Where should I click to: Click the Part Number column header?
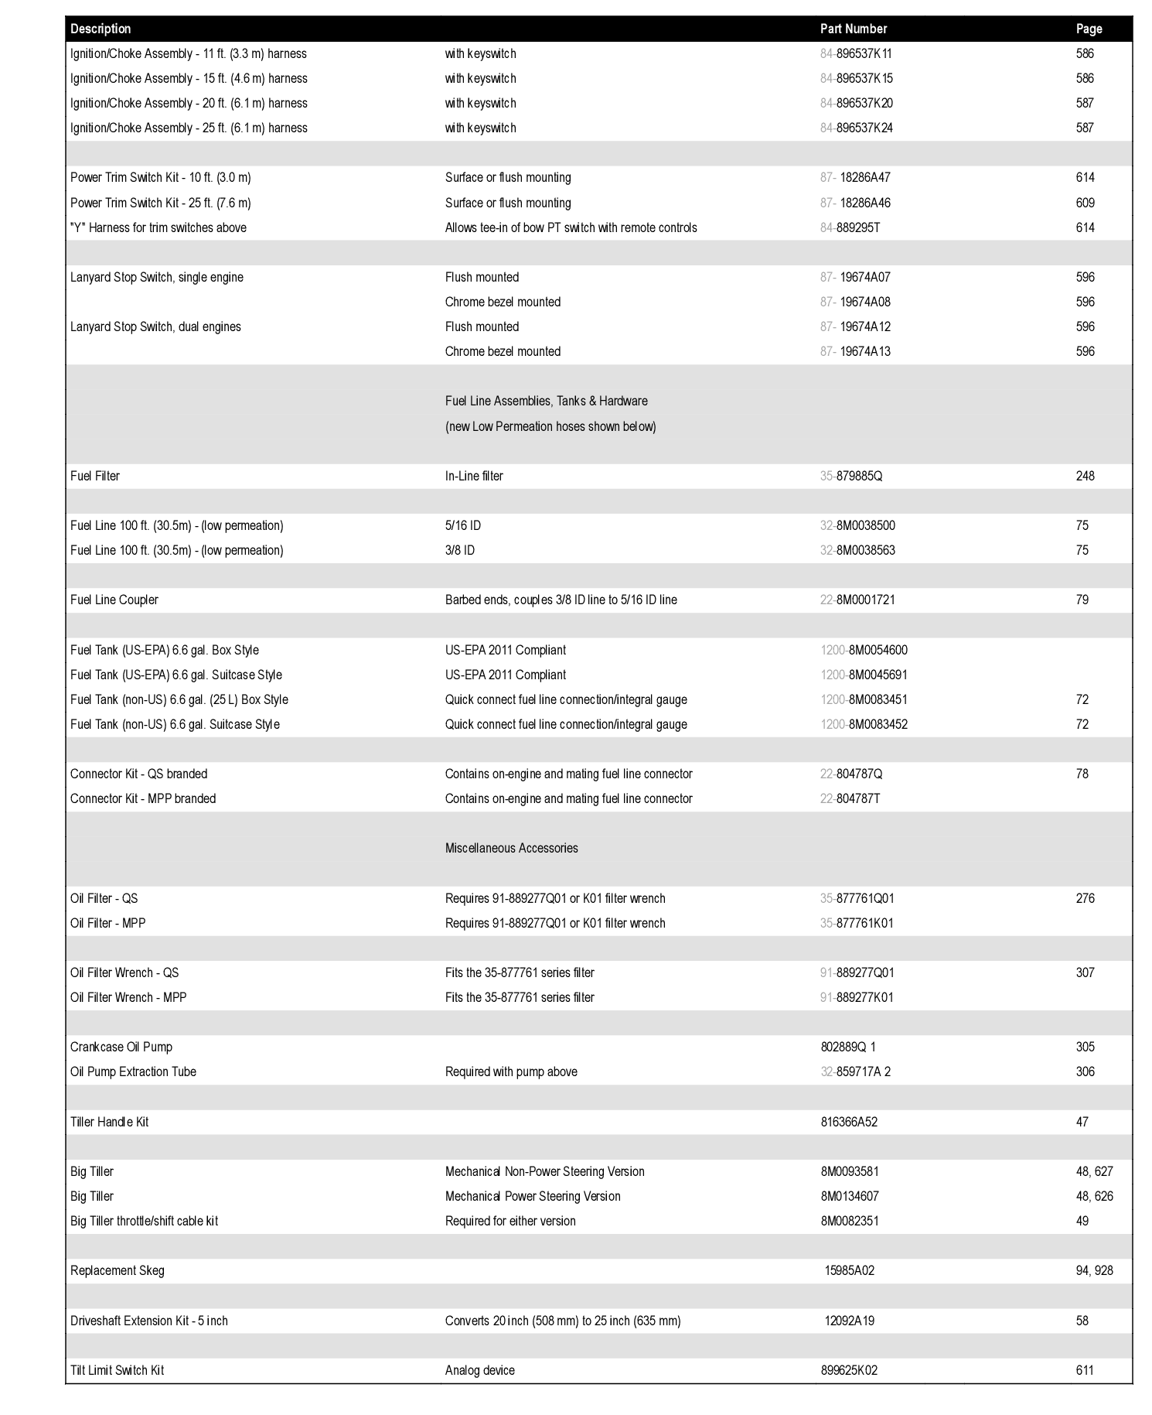click(853, 29)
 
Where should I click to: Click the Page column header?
click(1089, 29)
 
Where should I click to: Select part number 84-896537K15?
click(857, 78)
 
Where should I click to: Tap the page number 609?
click(1085, 203)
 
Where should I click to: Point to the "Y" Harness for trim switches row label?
click(158, 227)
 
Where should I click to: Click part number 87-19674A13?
click(855, 351)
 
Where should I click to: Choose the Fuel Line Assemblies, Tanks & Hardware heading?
click(546, 401)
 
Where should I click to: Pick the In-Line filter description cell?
click(474, 476)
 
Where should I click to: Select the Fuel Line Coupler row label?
click(114, 600)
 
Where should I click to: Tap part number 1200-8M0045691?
click(864, 675)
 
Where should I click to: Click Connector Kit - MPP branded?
click(143, 798)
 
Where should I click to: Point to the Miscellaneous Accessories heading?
click(511, 848)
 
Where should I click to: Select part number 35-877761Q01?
click(857, 898)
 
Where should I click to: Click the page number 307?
click(1085, 972)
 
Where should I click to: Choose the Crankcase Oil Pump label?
click(121, 1047)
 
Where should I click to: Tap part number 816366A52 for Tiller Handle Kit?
click(849, 1122)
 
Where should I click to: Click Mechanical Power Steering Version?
click(533, 1196)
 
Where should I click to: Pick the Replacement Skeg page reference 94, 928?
click(1094, 1270)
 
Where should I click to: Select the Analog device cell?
click(479, 1370)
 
